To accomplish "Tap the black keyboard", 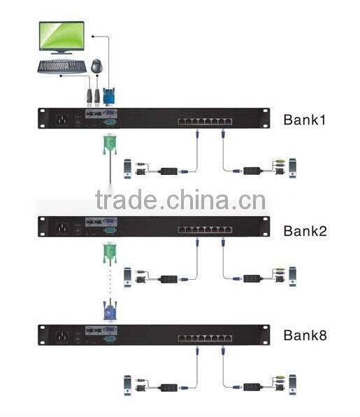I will point(61,67).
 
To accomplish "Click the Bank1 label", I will point(304,119).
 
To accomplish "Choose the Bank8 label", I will point(304,334).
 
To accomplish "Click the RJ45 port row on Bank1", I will point(203,121).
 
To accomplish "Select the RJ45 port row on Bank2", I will point(203,229).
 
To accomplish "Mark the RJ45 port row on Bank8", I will point(203,337).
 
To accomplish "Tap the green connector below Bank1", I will point(108,144).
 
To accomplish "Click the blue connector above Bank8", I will point(108,310).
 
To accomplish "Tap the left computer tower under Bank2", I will point(128,276).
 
